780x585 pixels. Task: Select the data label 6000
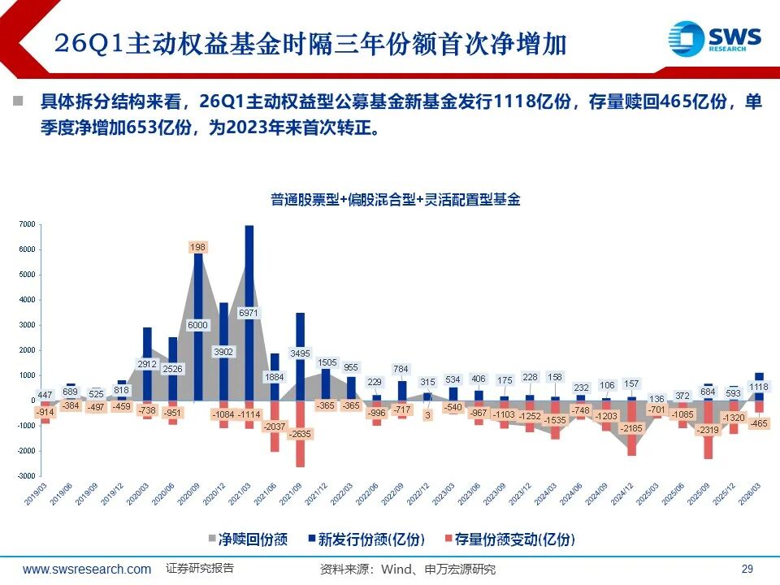[x=197, y=324]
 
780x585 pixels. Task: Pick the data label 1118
[x=758, y=387]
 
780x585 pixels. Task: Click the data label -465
[x=758, y=423]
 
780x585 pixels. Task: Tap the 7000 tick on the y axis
[x=26, y=224]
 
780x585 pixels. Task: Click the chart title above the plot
[x=395, y=199]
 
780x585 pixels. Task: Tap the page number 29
[x=748, y=569]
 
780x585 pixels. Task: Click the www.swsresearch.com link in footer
[x=87, y=569]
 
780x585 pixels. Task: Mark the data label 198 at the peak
[x=197, y=246]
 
